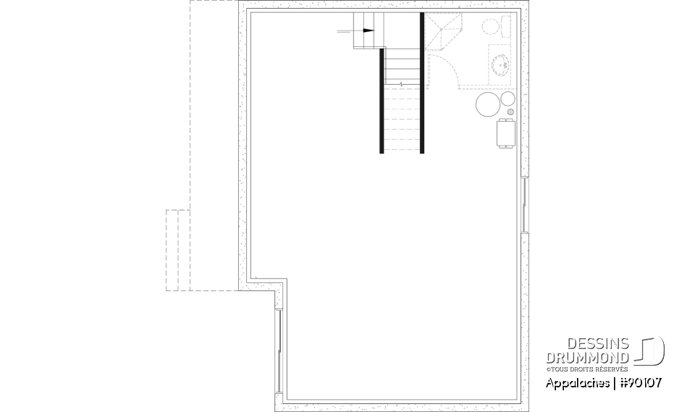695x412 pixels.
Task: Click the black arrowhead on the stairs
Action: pos(368,31)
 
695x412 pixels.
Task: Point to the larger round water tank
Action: pos(487,104)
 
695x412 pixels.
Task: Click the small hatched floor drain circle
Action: pos(510,112)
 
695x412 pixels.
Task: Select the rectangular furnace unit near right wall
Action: pos(505,133)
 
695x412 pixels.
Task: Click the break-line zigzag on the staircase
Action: pos(401,85)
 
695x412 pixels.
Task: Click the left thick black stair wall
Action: pos(382,101)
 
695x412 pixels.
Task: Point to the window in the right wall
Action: pos(523,204)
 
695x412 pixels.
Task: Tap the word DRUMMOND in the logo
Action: pos(588,357)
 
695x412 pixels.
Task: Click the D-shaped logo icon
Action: pos(650,350)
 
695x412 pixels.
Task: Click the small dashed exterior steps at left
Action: pos(177,250)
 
